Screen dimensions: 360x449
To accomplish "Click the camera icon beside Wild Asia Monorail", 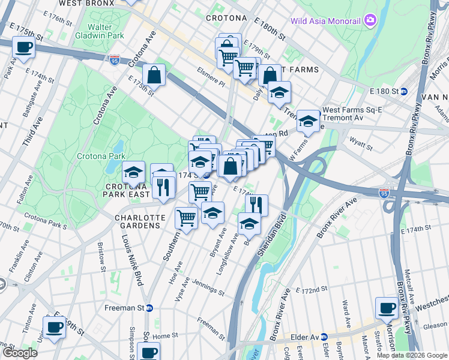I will tap(370, 21).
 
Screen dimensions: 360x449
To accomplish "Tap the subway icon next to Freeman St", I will tap(149, 308).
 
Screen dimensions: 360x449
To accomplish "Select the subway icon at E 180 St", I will tap(404, 91).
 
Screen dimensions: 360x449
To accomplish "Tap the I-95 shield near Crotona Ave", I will tap(115, 59).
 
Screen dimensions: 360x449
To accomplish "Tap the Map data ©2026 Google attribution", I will tap(411, 355).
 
